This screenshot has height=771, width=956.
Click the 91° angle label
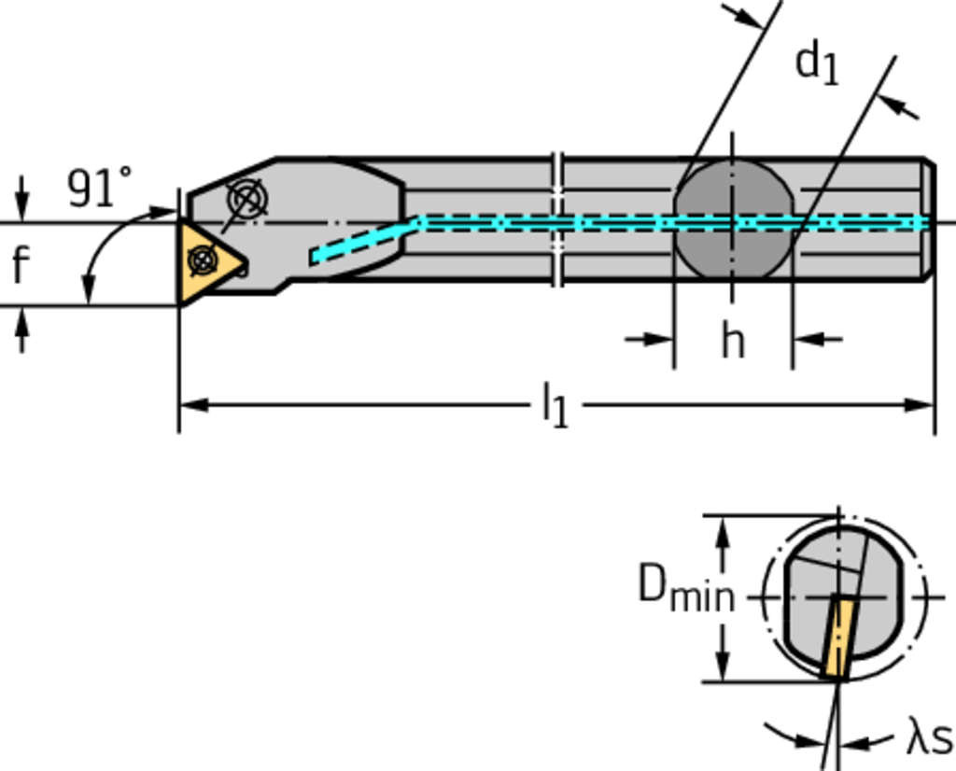tap(100, 189)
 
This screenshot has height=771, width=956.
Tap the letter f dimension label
tap(21, 265)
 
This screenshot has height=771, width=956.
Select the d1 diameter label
tap(816, 64)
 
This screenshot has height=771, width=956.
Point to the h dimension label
tap(733, 342)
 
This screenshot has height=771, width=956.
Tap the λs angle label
tap(929, 739)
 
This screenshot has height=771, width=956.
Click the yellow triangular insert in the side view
tap(207, 261)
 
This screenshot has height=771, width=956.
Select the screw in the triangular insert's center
tap(202, 259)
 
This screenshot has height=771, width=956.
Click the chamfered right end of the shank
tap(928, 220)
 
